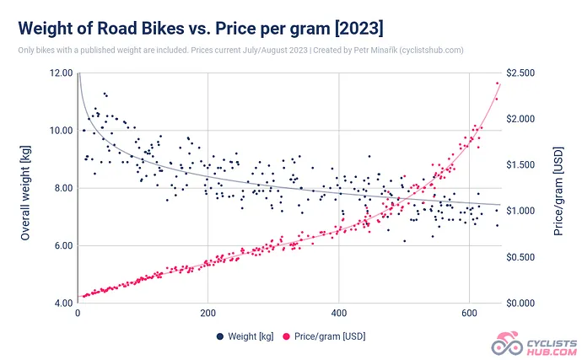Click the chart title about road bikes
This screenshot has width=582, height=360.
pos(201,28)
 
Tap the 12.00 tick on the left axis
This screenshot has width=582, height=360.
pos(62,73)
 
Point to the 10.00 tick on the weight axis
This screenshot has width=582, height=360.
pos(62,131)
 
